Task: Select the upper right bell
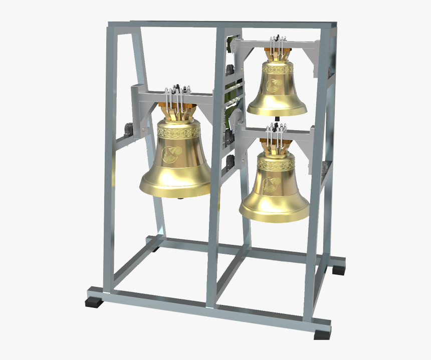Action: coord(276,90)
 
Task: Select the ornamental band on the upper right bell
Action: coord(276,70)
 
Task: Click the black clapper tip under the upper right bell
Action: coord(278,119)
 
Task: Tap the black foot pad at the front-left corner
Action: coord(94,302)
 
